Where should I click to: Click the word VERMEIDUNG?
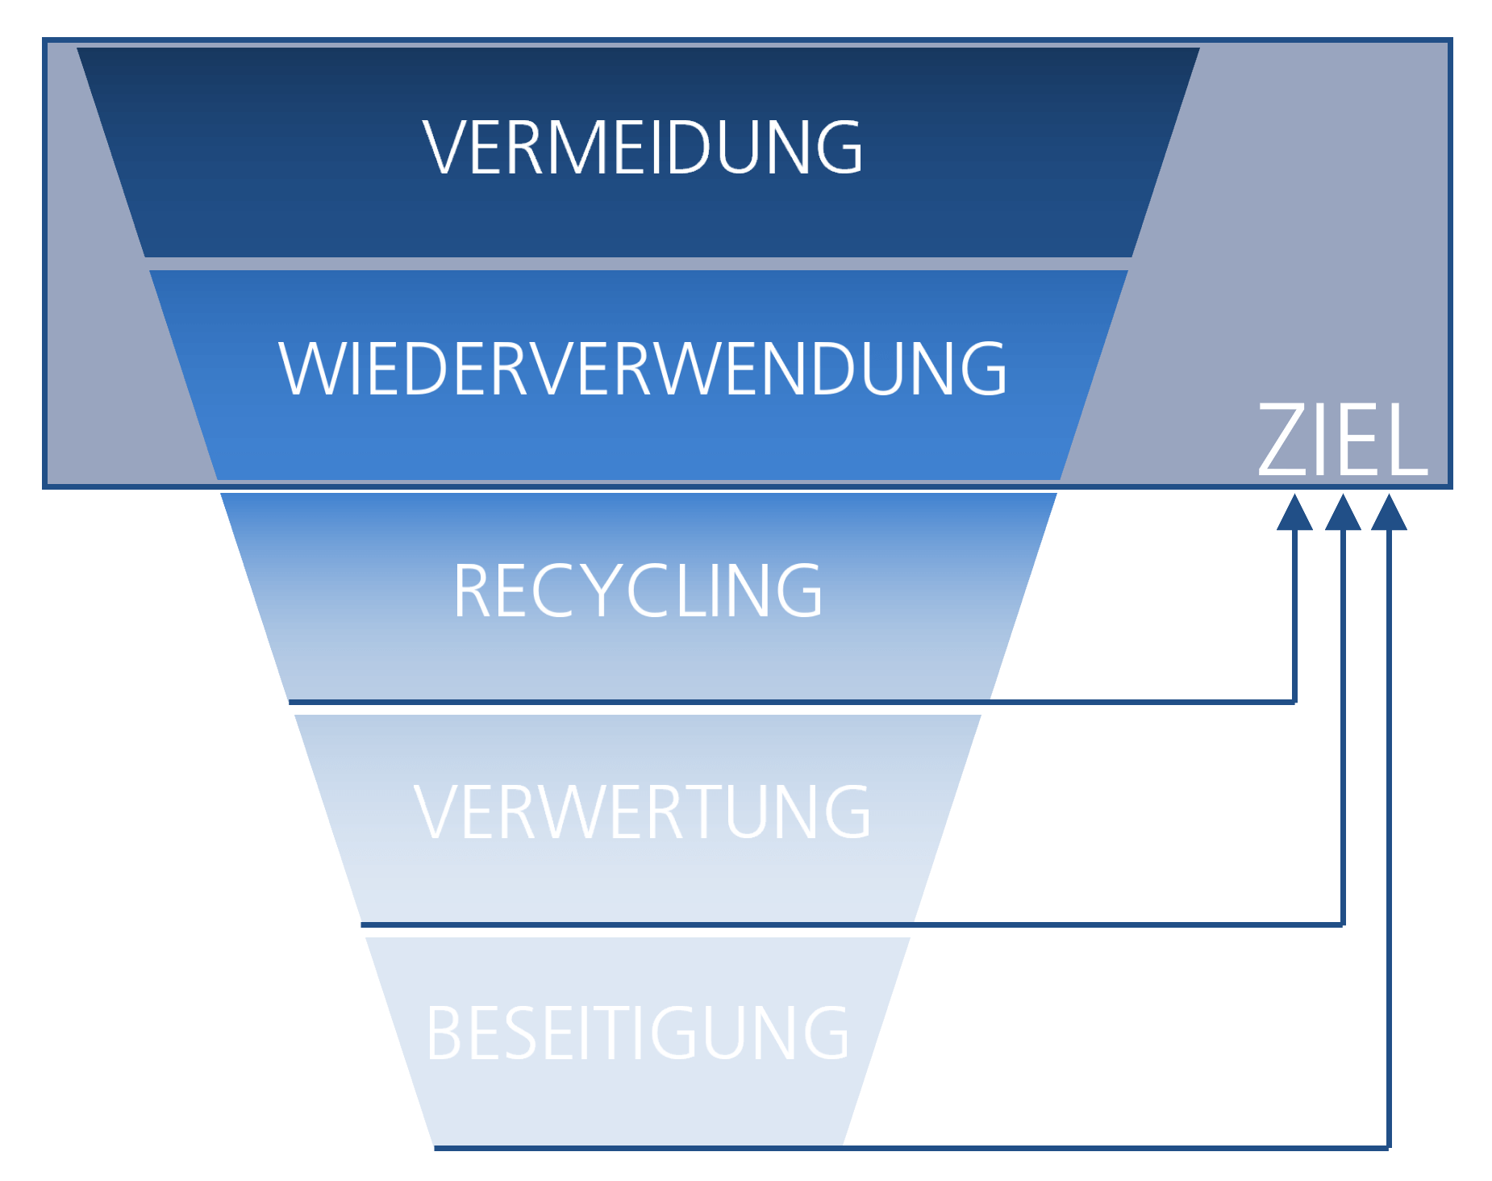click(642, 147)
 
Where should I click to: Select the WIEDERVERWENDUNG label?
click(642, 369)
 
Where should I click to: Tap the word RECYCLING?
click(637, 590)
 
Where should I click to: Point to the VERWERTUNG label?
click(642, 812)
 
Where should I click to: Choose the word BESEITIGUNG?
click(637, 1033)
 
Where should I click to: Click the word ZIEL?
click(1342, 440)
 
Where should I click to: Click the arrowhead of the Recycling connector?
click(1294, 514)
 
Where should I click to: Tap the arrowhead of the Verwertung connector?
click(1343, 514)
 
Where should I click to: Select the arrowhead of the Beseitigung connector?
click(1389, 514)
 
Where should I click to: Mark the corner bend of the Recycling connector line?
click(1294, 702)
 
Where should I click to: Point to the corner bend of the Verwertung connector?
click(1343, 924)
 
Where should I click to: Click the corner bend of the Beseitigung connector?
click(1389, 1146)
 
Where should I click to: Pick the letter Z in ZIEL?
click(1282, 440)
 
